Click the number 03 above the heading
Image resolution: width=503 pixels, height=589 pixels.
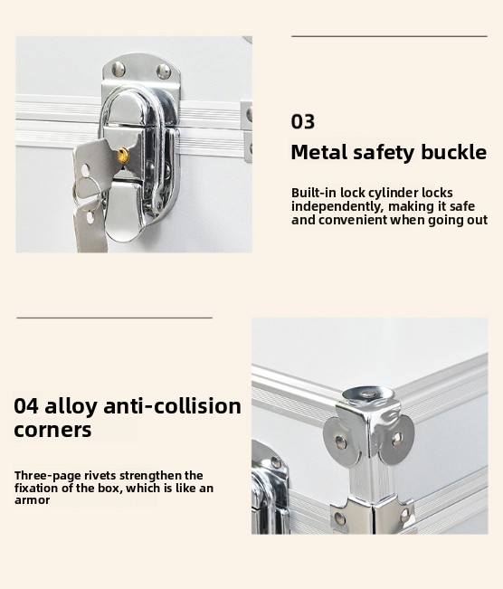click(303, 122)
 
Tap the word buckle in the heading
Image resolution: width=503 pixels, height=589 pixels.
click(453, 152)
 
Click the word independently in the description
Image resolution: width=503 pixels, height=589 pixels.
click(337, 206)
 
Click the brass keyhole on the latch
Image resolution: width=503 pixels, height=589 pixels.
click(122, 155)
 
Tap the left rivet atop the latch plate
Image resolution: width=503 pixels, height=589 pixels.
click(119, 69)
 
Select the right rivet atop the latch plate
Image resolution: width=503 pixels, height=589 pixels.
click(164, 71)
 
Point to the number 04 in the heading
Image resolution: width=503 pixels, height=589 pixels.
click(26, 406)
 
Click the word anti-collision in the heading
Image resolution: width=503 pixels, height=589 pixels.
click(172, 405)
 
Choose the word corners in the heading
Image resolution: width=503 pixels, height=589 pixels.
click(52, 430)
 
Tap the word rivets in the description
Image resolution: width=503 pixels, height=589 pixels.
click(100, 476)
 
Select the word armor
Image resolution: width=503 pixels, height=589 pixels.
click(32, 500)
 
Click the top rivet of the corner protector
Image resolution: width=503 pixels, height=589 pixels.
click(368, 394)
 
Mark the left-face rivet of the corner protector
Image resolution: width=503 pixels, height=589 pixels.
click(340, 442)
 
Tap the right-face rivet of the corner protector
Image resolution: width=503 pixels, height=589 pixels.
click(397, 438)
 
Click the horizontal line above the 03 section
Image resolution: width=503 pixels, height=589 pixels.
click(389, 36)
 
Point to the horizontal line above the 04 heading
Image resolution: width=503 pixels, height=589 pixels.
click(115, 318)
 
